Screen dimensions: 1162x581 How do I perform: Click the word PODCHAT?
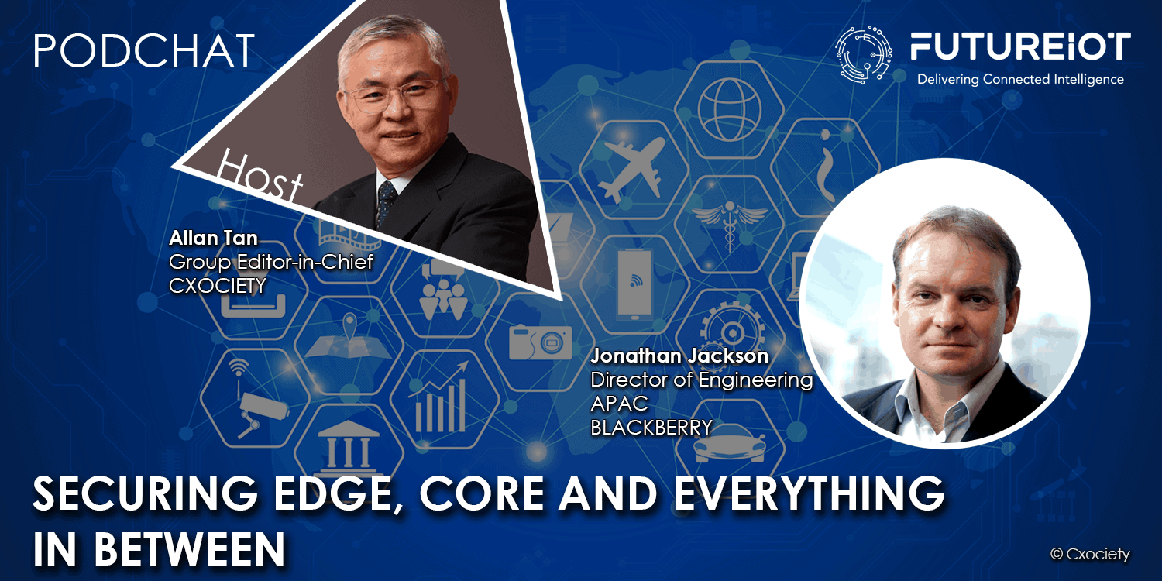[x=144, y=50]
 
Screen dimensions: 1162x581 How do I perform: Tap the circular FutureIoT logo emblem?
[x=863, y=55]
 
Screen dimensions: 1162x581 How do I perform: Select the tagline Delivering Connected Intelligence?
[x=1020, y=79]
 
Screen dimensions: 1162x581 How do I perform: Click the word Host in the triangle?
[x=260, y=177]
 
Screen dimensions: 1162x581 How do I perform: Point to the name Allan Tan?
[x=213, y=238]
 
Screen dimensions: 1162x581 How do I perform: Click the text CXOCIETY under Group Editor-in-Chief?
[x=218, y=286]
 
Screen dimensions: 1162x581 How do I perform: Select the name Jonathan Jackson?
[x=679, y=356]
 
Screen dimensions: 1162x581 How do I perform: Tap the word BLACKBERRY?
[x=651, y=428]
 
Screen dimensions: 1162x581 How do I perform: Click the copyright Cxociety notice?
[x=1090, y=554]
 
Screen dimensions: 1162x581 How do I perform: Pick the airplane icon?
[x=632, y=167]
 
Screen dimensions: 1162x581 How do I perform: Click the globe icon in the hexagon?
[x=730, y=109]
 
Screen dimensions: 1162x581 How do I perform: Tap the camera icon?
[x=540, y=342]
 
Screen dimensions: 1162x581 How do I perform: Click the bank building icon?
[x=348, y=447]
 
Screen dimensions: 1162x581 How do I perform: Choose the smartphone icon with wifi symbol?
[x=634, y=284]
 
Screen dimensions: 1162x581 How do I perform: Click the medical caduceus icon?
[x=730, y=224]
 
